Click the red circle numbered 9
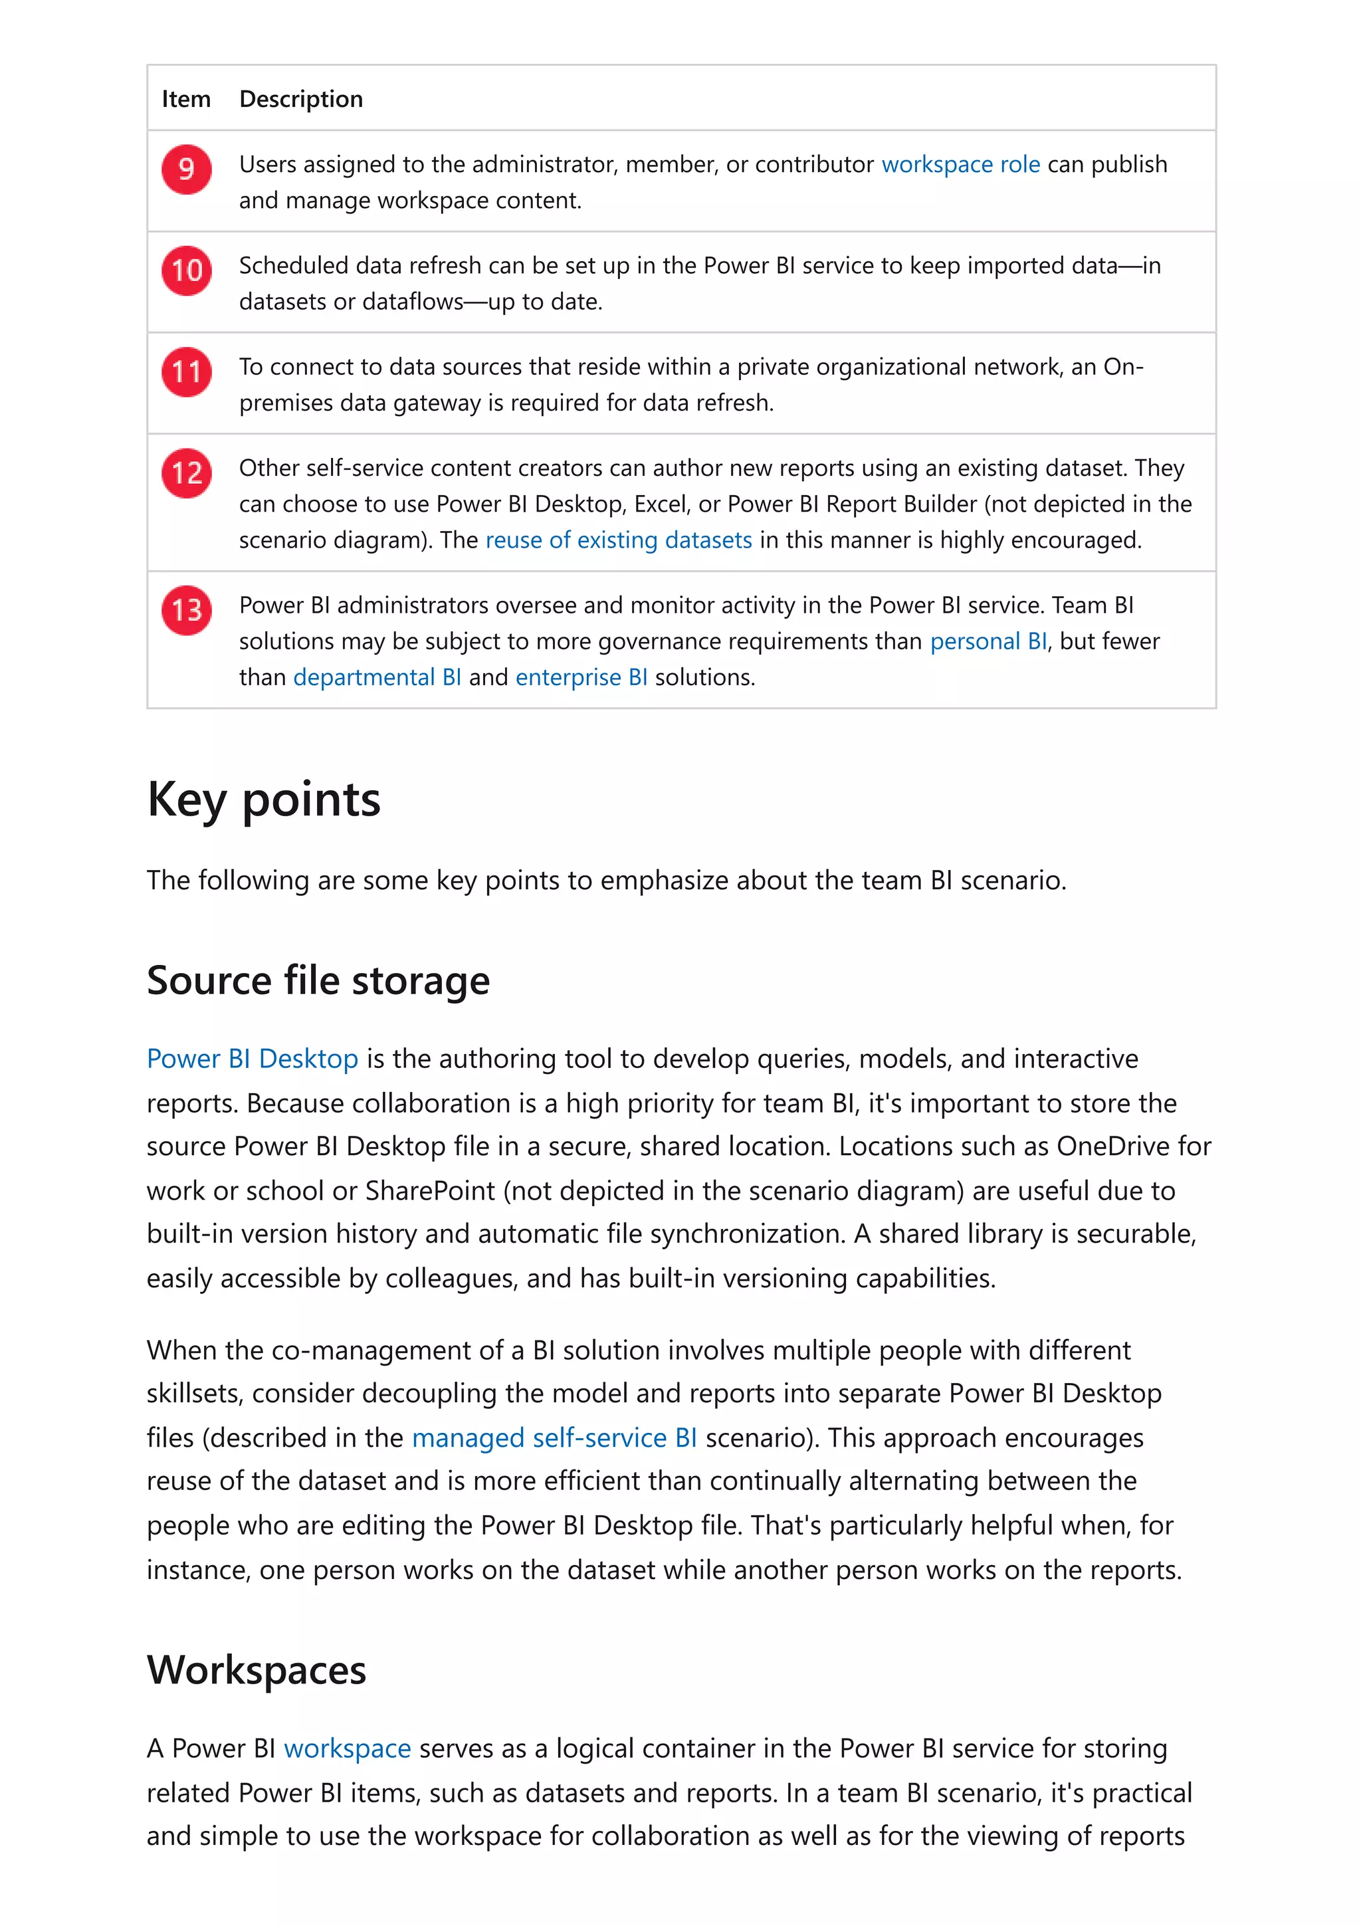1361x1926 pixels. (x=186, y=169)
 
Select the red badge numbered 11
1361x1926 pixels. (x=186, y=372)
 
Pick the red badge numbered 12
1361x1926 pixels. (x=186, y=473)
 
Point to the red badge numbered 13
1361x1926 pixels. (x=186, y=610)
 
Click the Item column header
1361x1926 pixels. (x=185, y=99)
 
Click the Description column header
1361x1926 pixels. (x=301, y=99)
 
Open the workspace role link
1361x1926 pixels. (x=960, y=164)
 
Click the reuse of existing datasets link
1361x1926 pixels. (x=618, y=540)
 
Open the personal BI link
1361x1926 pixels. (x=988, y=642)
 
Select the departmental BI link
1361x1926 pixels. (x=377, y=678)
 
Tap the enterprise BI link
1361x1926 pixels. (x=581, y=678)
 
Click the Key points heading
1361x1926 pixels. (x=263, y=800)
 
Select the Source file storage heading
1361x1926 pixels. (x=318, y=981)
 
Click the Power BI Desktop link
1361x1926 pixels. (x=253, y=1059)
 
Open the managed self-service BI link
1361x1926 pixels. (x=554, y=1438)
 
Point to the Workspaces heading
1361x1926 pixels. (x=256, y=1670)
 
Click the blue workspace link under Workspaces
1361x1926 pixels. (x=347, y=1749)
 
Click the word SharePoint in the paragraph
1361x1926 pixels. (x=429, y=1191)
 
